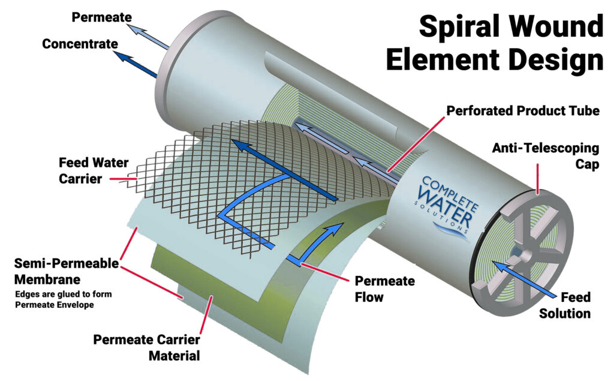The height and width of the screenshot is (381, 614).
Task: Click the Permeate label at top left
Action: click(x=102, y=16)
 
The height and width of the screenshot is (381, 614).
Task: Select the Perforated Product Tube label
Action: click(x=523, y=111)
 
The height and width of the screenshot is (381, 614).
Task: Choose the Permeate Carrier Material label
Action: click(x=146, y=347)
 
